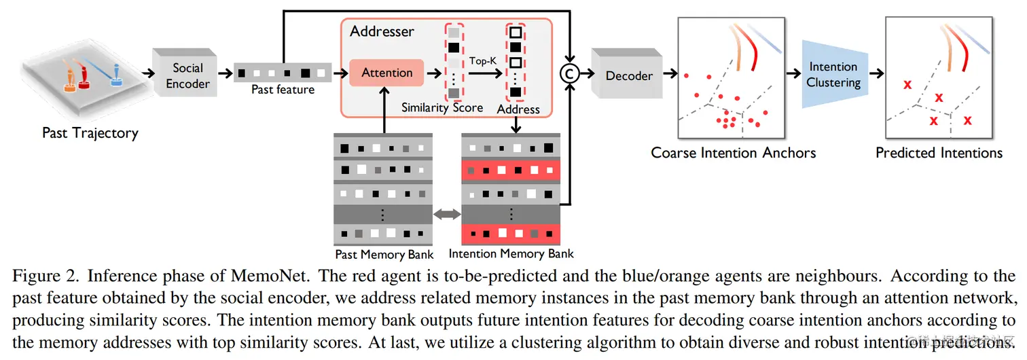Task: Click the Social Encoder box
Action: pyautogui.click(x=187, y=75)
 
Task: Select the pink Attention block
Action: pyautogui.click(x=386, y=73)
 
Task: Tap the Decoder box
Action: pyautogui.click(x=628, y=75)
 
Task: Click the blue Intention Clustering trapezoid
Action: pyautogui.click(x=833, y=75)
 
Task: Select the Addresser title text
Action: pyautogui.click(x=382, y=31)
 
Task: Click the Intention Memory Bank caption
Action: pyautogui.click(x=511, y=254)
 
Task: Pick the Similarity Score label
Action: pyautogui.click(x=442, y=107)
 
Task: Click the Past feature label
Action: pyautogui.click(x=283, y=89)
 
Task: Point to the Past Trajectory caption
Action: pyautogui.click(x=90, y=132)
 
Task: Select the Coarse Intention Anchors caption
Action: pyautogui.click(x=733, y=152)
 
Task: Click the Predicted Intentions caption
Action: pyautogui.click(x=939, y=152)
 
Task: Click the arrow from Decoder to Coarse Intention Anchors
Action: pyautogui.click(x=668, y=75)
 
